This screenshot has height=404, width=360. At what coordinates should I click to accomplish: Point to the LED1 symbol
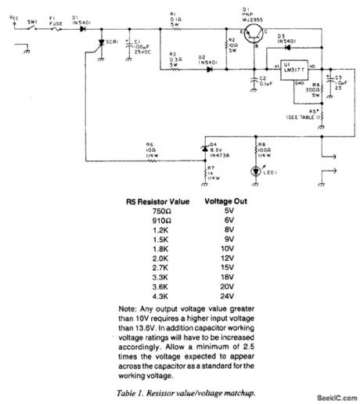[257, 171]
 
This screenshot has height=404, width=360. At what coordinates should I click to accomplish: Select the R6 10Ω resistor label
[148, 148]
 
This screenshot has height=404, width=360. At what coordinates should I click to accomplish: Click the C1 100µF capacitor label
[139, 48]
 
